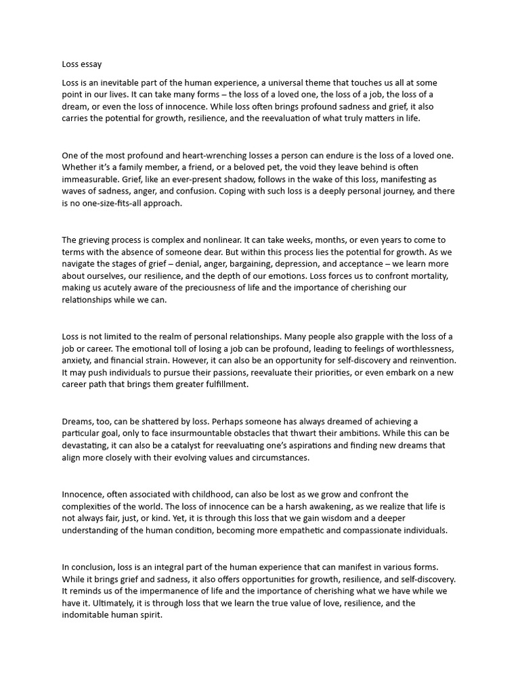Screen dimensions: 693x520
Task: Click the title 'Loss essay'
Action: click(82, 64)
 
